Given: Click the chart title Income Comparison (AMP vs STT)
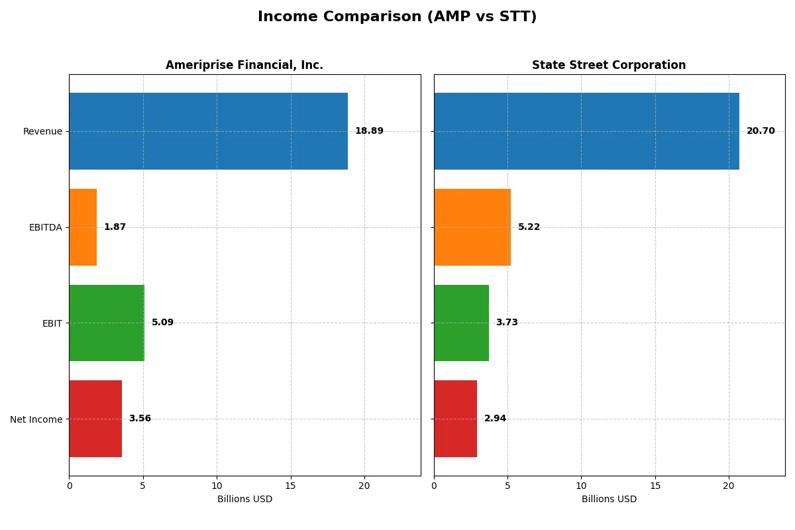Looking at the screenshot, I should click(x=397, y=17).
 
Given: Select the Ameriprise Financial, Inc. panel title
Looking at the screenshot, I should click(x=244, y=65).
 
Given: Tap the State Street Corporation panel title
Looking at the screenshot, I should click(x=609, y=65).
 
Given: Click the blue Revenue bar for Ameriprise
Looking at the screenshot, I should click(x=208, y=131).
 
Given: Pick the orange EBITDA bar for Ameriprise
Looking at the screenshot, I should click(x=83, y=227).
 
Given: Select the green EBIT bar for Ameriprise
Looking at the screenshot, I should click(x=107, y=323).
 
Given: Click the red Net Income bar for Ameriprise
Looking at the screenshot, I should click(x=95, y=419).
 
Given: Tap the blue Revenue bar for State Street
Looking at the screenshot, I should click(x=586, y=131).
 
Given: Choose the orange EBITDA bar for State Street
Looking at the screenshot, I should click(x=472, y=227).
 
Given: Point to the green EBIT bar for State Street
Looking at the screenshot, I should click(x=461, y=323).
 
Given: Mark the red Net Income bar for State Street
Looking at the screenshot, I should click(x=455, y=419).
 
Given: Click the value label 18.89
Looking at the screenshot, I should click(x=369, y=131).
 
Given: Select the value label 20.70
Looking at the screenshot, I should click(x=761, y=131).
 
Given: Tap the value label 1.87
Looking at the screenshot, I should click(x=115, y=227).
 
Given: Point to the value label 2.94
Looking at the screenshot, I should click(x=495, y=419).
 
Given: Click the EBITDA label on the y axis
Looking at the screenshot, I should click(x=45, y=227).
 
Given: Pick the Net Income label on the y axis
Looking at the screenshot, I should click(x=36, y=419).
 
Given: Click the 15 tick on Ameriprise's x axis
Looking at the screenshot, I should click(x=290, y=486).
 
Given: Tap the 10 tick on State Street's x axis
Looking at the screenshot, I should click(x=581, y=486).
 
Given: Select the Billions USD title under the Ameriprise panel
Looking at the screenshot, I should click(x=244, y=499).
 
